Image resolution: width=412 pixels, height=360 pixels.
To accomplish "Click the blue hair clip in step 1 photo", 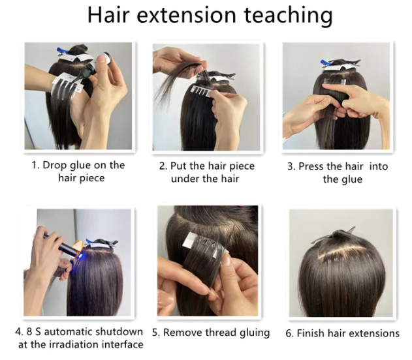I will coord(67,52).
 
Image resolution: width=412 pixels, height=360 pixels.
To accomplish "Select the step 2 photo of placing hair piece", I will coord(206,96).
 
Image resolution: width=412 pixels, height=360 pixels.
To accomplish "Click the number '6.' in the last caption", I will coord(289,333).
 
